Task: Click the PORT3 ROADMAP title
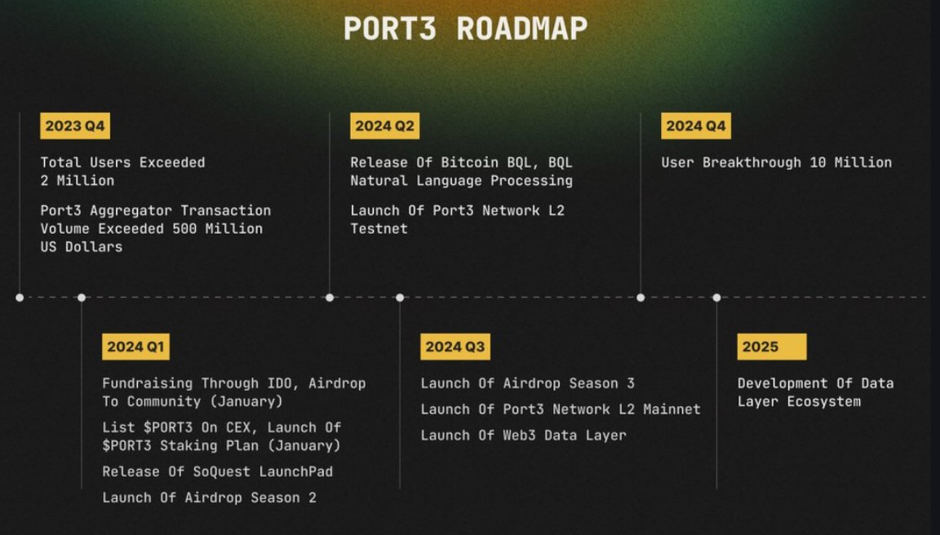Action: (465, 29)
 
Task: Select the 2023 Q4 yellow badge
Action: (74, 126)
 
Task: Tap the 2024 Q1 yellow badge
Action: (135, 347)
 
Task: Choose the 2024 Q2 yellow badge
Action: (384, 126)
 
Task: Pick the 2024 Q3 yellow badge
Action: (454, 347)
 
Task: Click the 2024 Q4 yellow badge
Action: (695, 126)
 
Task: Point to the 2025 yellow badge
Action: (771, 347)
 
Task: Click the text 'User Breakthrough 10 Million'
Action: (776, 162)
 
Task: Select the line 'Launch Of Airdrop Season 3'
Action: (527, 383)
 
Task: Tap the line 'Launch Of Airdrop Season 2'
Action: (209, 497)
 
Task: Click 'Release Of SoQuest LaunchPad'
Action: (217, 471)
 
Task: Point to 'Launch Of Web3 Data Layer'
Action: (523, 436)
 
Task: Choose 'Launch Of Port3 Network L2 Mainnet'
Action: (561, 409)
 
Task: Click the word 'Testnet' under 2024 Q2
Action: (379, 229)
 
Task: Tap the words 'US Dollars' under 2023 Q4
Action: (81, 247)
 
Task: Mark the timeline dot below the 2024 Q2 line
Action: (330, 298)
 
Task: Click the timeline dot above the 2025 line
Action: (716, 298)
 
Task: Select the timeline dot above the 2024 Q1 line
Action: (81, 298)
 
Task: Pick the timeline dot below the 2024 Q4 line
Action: (641, 298)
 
